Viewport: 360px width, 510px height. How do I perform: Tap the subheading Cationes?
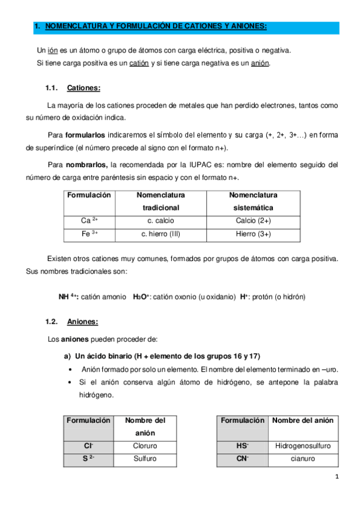(x=84, y=88)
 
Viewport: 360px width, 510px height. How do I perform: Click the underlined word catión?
(x=138, y=63)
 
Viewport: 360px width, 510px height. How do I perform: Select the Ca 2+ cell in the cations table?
(x=89, y=220)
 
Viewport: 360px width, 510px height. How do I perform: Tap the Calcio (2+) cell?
(x=253, y=220)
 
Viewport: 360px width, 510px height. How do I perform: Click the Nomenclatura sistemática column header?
(x=253, y=201)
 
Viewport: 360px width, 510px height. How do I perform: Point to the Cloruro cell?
(x=145, y=446)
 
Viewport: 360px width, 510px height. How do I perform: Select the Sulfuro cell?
(x=145, y=459)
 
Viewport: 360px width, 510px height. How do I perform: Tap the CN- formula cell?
(x=243, y=459)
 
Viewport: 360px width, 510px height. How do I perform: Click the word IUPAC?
(x=212, y=164)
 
